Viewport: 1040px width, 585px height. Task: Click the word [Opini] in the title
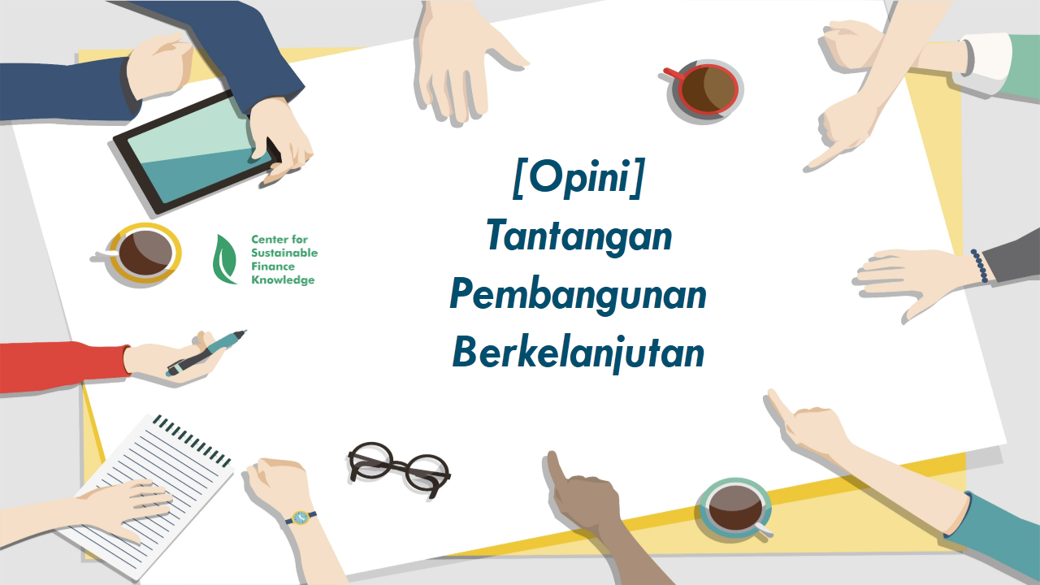click(579, 177)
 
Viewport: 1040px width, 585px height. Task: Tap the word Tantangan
click(579, 236)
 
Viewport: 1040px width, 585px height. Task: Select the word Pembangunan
click(578, 295)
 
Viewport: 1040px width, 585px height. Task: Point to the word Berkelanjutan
click(578, 353)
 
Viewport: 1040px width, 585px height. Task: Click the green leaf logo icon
click(225, 259)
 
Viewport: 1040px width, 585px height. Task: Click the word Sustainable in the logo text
click(284, 253)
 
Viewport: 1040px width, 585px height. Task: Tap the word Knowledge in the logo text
click(283, 280)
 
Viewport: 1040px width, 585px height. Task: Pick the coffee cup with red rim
click(704, 89)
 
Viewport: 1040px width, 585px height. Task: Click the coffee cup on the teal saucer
click(736, 509)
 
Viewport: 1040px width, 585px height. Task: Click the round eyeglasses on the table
click(399, 469)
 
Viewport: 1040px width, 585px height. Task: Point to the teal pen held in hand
click(206, 353)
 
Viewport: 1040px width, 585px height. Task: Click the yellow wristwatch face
click(301, 518)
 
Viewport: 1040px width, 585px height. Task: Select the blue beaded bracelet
click(980, 266)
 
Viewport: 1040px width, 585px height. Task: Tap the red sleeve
click(63, 366)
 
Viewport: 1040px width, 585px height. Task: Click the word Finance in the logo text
click(273, 266)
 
